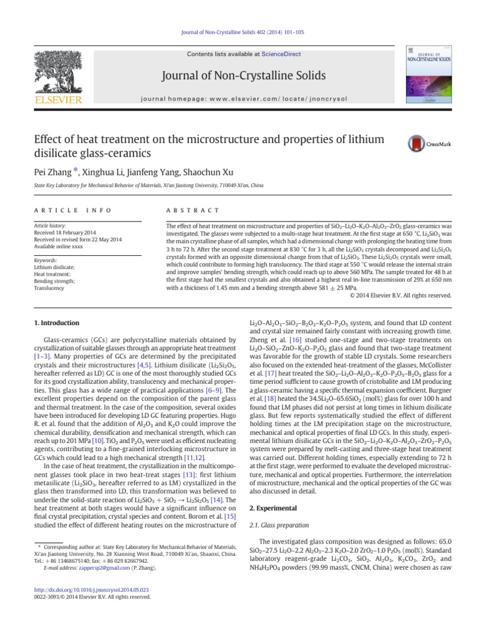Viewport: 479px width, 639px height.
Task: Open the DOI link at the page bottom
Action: click(85, 588)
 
